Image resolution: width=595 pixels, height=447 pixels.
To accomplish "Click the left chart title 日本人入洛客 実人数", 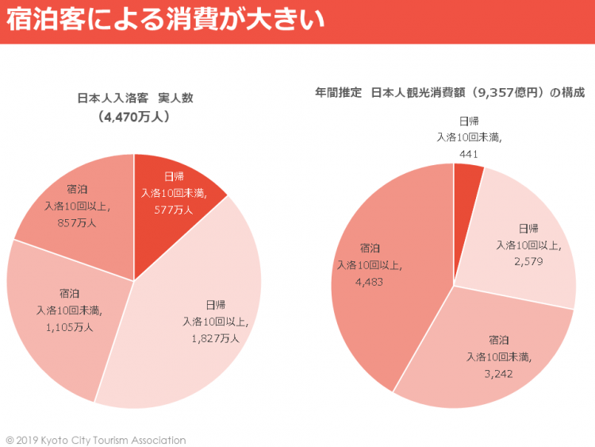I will [x=135, y=98].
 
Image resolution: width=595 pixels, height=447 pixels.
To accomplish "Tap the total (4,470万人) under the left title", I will [x=135, y=117].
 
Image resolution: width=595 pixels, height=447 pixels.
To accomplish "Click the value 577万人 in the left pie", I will [x=174, y=210].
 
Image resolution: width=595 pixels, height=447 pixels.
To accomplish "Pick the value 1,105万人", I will [x=69, y=326].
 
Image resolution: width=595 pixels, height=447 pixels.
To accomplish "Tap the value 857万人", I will [x=78, y=223].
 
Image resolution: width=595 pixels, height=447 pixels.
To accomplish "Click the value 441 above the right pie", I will [x=469, y=154].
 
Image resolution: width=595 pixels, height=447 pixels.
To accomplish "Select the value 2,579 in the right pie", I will [x=528, y=261].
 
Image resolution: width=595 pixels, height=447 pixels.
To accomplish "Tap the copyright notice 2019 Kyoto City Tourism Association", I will [x=96, y=440].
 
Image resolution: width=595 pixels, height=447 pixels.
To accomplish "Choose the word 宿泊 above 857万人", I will [x=78, y=189].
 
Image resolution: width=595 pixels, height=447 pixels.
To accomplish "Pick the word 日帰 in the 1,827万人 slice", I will [x=216, y=304].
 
